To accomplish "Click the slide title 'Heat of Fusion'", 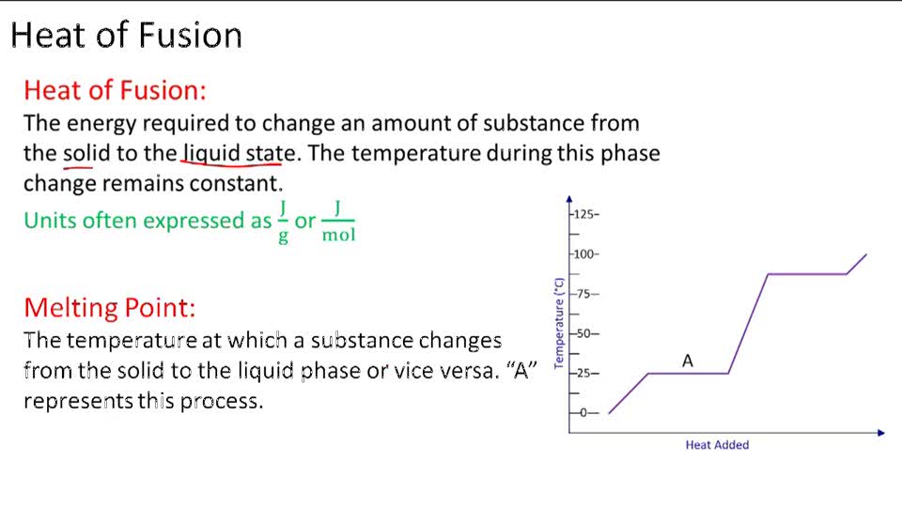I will pos(127,36).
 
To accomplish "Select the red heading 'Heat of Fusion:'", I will pos(115,90).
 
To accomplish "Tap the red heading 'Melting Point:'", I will pos(110,307).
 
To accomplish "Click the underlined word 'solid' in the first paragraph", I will pos(86,153).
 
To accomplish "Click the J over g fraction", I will pos(283,221).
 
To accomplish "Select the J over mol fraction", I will pos(338,221).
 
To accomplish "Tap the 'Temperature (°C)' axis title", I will pos(558,322).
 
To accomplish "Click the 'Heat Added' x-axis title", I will pos(717,445).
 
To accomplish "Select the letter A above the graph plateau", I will pos(688,361).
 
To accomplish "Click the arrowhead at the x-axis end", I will pos(880,433).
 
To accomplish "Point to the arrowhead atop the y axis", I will pos(569,199).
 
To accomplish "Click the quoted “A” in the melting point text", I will pos(521,370).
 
